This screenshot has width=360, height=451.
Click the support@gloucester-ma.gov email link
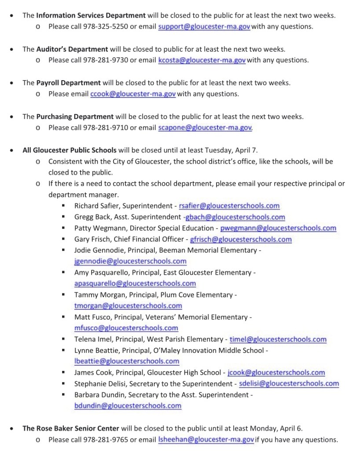point(204,26)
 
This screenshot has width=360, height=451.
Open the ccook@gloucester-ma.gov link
point(133,94)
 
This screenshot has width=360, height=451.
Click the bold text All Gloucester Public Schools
point(70,150)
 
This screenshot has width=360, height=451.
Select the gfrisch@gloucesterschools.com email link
point(241,240)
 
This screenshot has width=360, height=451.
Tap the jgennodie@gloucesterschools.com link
point(130,262)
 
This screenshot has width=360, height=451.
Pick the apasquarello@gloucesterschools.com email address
point(135,284)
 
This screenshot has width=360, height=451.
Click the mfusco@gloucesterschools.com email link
point(126,328)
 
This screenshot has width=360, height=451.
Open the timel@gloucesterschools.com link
point(278,340)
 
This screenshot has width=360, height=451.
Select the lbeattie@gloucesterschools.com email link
point(127,362)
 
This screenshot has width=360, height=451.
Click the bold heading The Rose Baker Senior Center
point(70,428)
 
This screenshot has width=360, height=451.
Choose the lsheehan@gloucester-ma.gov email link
point(206,440)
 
